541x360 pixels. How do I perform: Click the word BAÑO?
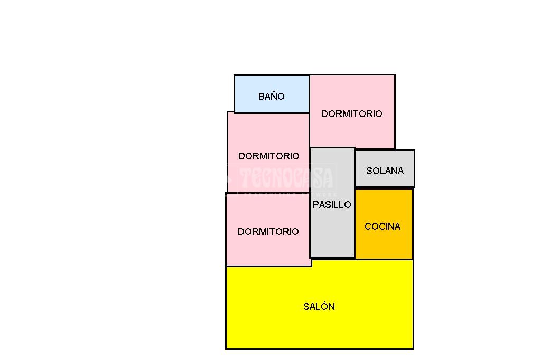point(271,97)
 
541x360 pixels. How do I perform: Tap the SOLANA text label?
point(385,171)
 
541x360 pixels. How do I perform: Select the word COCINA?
point(383,226)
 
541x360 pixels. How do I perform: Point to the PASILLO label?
point(332,205)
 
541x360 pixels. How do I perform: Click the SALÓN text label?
point(319,307)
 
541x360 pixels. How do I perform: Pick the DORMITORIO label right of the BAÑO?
point(351,114)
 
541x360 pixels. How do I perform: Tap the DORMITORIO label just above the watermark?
point(268,156)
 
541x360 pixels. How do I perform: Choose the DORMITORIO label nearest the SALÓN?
point(268,232)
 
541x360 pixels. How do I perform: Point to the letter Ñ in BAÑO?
point(275,97)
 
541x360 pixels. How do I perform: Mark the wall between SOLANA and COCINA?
point(384,188)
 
